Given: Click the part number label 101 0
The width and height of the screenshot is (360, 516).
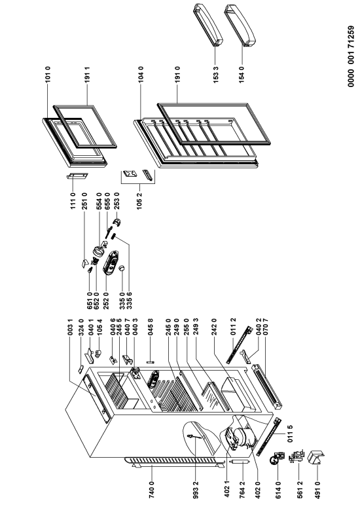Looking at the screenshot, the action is coord(47,75).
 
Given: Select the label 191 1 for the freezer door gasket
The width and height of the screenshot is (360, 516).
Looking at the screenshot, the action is coord(87,75).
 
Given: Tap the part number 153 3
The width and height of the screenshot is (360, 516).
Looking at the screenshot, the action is coord(215,75).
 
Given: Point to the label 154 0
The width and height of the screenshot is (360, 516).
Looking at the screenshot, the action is coord(242,75).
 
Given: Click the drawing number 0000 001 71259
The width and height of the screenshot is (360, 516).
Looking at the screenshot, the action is coord(351,56).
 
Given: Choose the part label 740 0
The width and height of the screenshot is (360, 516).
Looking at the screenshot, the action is coord(152,490).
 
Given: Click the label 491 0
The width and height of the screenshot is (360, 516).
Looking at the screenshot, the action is coord(317,490).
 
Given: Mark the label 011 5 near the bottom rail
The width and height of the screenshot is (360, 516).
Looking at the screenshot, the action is coord(289,433).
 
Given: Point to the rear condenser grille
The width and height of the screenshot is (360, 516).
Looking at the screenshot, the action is coord(171,462).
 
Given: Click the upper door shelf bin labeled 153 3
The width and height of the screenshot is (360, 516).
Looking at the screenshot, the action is coord(208,24).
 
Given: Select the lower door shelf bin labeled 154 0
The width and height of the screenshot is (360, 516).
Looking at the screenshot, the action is coord(240,25).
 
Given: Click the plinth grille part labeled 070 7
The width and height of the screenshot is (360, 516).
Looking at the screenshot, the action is coord(267,386).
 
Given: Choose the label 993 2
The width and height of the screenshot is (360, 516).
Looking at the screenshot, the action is coord(196,490).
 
